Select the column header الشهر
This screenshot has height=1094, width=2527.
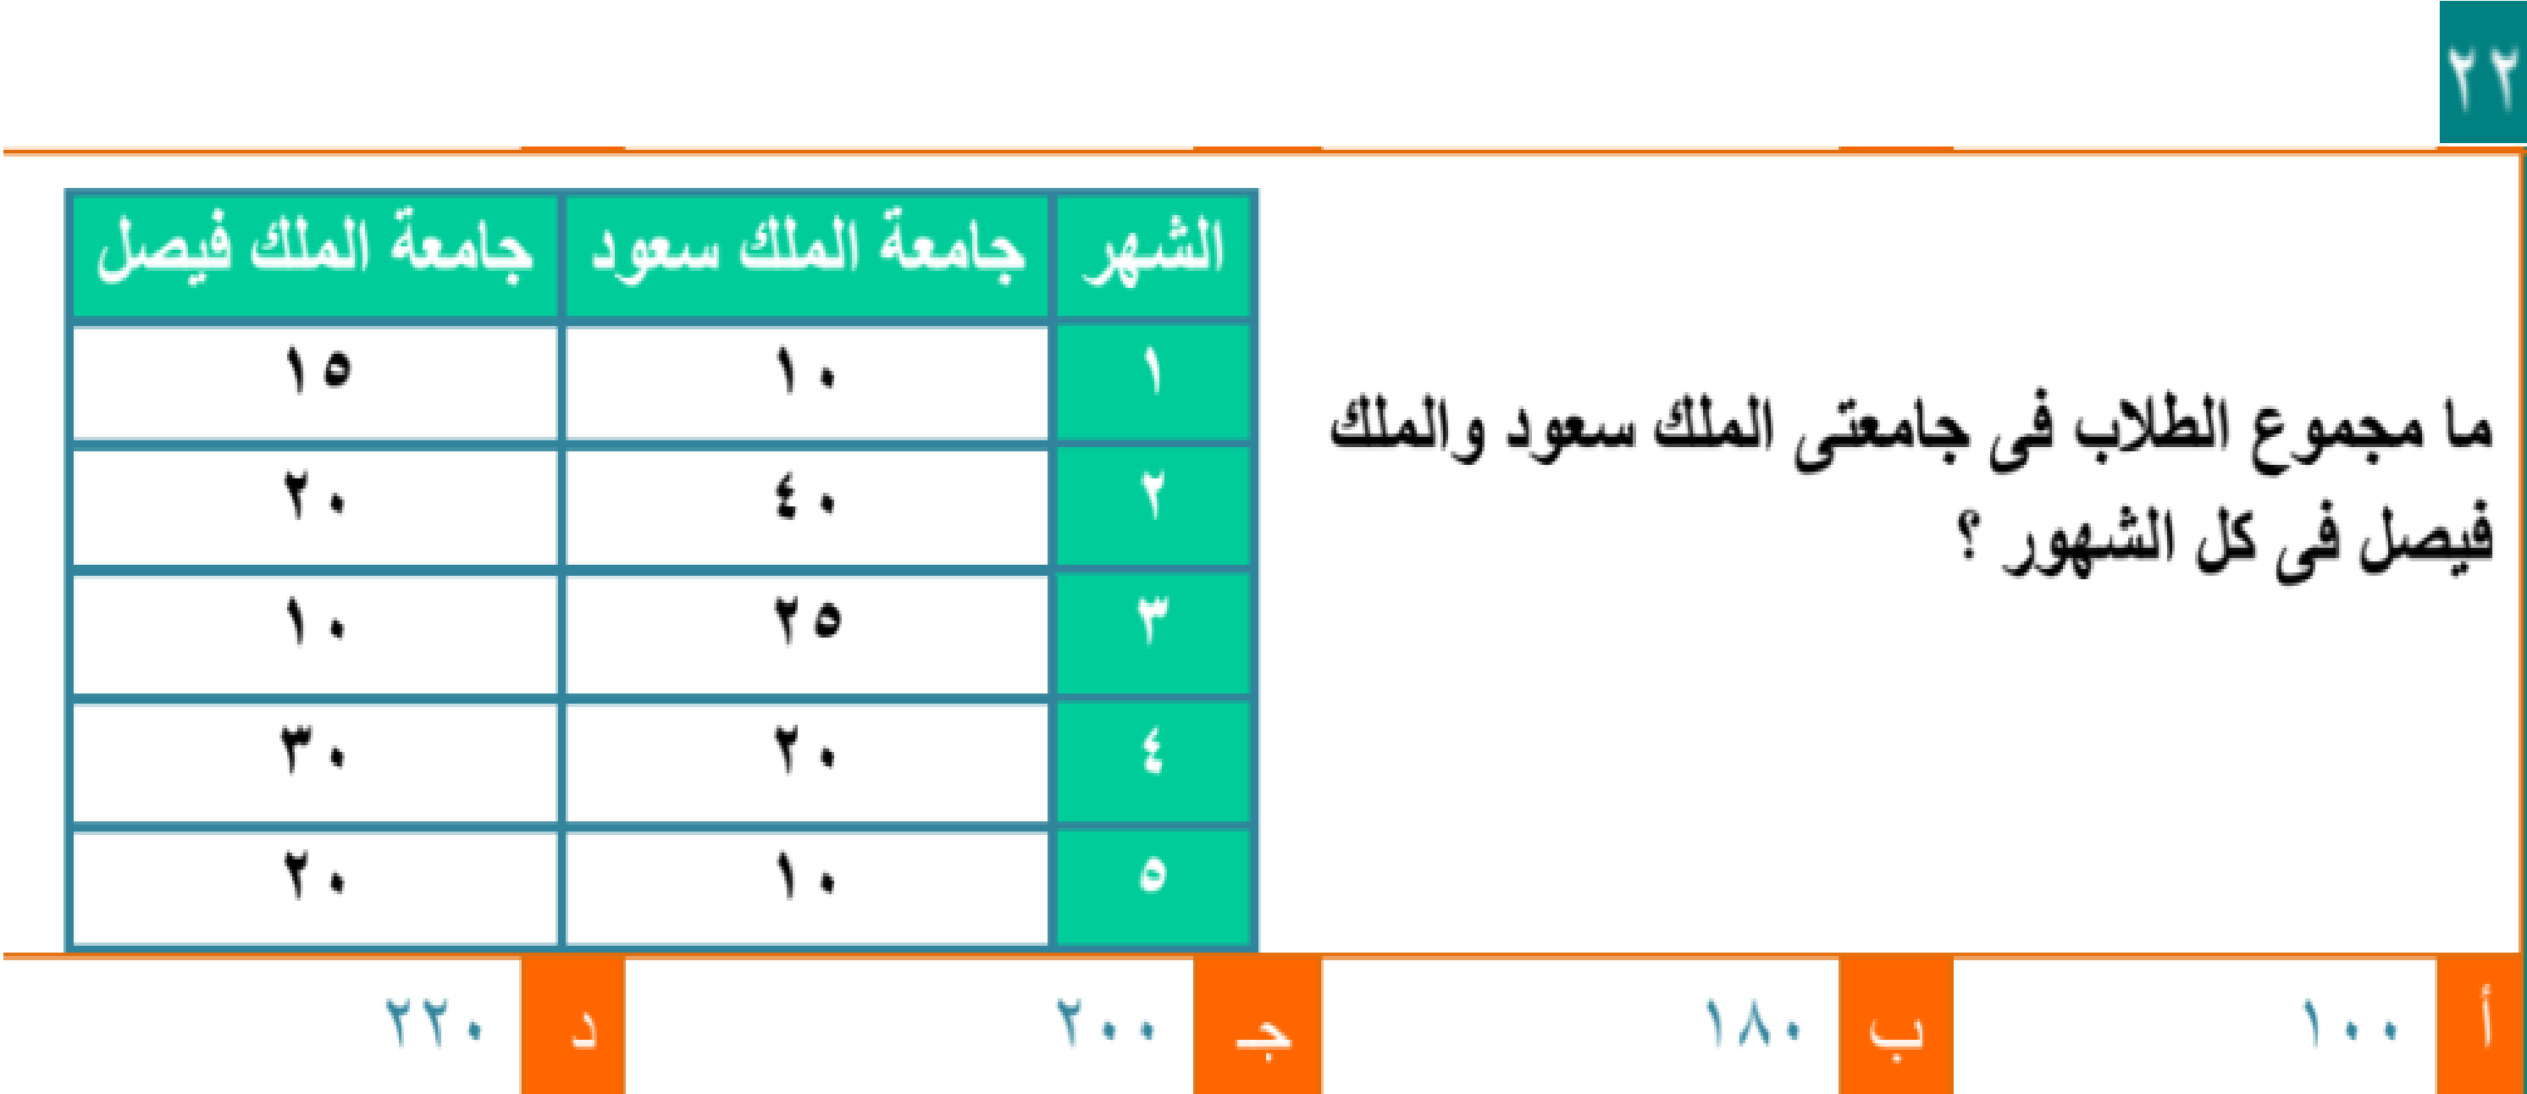click(1153, 252)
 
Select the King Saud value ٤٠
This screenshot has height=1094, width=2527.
click(805, 500)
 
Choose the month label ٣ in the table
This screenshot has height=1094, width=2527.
click(1153, 620)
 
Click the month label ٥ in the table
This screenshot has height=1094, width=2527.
click(1153, 873)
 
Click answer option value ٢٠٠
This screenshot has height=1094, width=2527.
click(1106, 1022)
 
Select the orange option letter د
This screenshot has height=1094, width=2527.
click(572, 1026)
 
